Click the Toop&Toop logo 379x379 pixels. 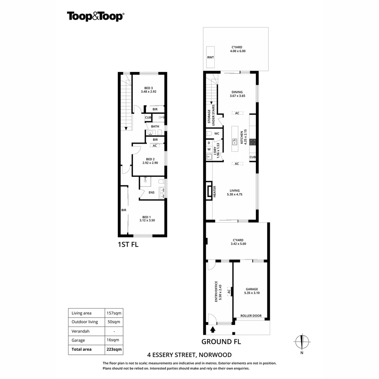(x=95, y=16)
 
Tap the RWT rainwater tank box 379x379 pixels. (x=211, y=57)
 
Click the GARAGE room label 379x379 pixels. (x=252, y=289)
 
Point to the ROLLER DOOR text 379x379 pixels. (x=251, y=316)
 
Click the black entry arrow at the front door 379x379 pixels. (x=213, y=330)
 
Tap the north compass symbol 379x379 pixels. (x=302, y=341)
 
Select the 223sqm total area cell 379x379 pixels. (x=114, y=349)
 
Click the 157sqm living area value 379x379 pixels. (x=114, y=313)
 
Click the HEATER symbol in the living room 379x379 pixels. (x=210, y=191)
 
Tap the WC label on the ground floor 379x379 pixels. (x=217, y=134)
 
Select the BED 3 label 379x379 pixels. (x=148, y=88)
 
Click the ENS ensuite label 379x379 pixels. (x=152, y=192)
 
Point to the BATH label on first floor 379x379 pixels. (x=155, y=126)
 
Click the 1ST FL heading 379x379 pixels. (x=128, y=245)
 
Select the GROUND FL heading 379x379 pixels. (x=221, y=341)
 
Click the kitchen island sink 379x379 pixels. (x=234, y=141)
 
